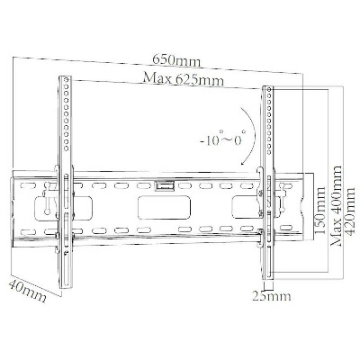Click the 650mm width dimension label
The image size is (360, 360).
point(176,60)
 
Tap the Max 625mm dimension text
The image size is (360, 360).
point(184,79)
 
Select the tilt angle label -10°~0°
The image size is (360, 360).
point(223,139)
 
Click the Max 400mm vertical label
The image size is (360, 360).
point(337,205)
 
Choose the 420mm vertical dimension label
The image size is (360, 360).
point(350,207)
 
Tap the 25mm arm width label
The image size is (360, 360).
point(272,296)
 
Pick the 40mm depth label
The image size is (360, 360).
point(27,291)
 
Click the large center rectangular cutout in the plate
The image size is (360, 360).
point(164,207)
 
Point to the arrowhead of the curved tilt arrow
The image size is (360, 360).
point(242,164)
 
